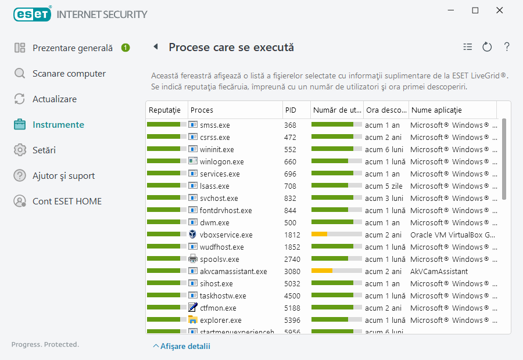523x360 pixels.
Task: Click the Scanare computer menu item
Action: [x=69, y=74]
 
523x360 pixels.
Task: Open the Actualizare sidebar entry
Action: [x=54, y=99]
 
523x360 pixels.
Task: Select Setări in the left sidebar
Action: [x=44, y=150]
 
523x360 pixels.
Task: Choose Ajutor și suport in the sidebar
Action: [x=63, y=176]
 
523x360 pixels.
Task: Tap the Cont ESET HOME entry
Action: [x=67, y=201]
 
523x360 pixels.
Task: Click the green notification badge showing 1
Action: [x=126, y=48]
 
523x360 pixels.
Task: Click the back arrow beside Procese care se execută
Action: [x=156, y=47]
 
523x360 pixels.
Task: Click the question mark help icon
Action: [x=507, y=47]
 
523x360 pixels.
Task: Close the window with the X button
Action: [x=500, y=10]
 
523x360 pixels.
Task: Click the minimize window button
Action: [x=451, y=10]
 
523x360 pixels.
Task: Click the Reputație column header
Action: [x=165, y=110]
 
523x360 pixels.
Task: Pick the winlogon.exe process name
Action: [x=221, y=162]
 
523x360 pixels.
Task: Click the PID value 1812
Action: [x=292, y=235]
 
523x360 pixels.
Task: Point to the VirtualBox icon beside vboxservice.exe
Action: [x=193, y=235]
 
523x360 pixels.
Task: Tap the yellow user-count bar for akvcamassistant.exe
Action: [x=322, y=271]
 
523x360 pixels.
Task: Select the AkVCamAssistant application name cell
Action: [x=439, y=272]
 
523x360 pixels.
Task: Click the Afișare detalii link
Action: [x=181, y=347]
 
